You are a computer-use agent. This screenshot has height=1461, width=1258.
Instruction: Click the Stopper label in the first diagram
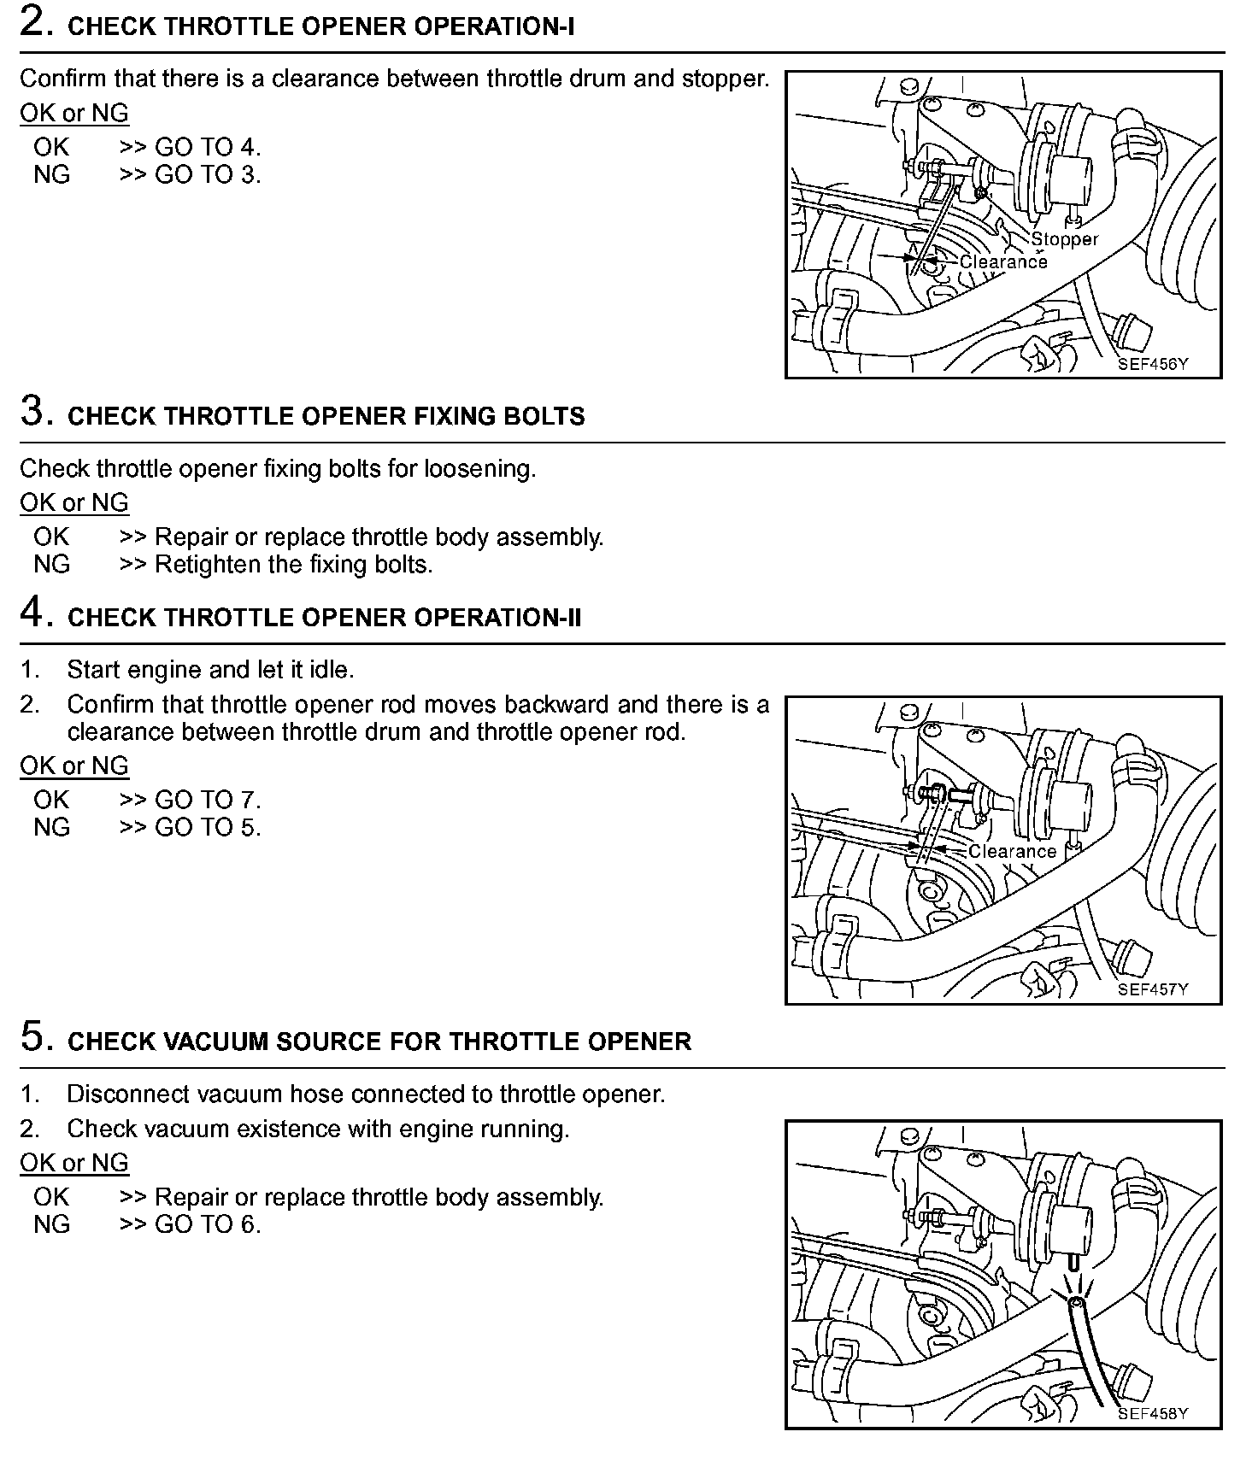[1064, 239]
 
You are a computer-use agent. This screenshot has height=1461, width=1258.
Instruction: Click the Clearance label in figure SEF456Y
[1003, 261]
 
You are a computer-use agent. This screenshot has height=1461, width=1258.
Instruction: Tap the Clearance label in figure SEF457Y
[1012, 851]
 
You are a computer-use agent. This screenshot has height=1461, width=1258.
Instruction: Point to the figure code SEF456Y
[1153, 364]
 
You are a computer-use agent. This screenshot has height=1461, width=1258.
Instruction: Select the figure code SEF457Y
[1153, 989]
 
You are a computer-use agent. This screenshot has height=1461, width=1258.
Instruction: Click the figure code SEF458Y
[1153, 1413]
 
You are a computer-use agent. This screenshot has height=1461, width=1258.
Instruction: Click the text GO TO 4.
[208, 147]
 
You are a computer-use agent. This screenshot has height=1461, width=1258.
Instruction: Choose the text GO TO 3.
[208, 174]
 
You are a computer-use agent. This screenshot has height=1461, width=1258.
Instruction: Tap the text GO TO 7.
[208, 800]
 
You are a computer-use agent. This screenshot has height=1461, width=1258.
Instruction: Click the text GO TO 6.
[208, 1224]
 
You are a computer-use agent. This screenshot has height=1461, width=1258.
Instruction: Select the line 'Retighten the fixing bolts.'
[293, 565]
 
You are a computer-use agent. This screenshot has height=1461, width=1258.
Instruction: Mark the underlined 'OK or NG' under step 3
[74, 502]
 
